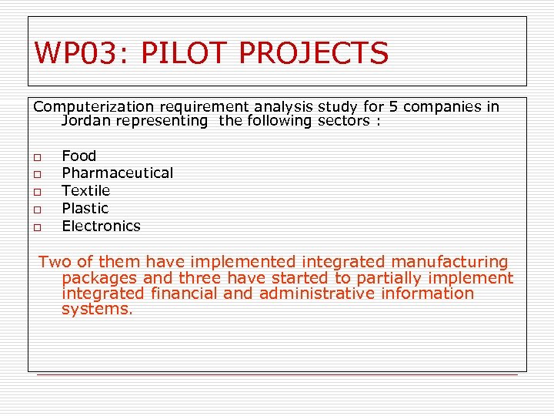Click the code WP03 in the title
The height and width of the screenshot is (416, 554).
pos(74,53)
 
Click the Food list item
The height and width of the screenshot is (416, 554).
pos(78,156)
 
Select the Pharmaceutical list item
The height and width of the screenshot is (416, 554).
pos(117,173)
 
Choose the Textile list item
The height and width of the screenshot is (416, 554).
pos(85,190)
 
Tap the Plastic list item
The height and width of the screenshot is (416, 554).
pos(85,208)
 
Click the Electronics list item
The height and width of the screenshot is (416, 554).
pos(101,226)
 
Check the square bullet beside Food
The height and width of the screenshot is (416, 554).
pos(37,156)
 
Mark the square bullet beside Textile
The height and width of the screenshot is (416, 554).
pos(37,191)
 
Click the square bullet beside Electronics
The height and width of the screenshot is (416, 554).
pos(37,226)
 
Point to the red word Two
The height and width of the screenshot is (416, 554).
pos(55,263)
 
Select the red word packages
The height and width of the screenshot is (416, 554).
pos(99,278)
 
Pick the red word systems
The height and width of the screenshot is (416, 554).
pos(97,309)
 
